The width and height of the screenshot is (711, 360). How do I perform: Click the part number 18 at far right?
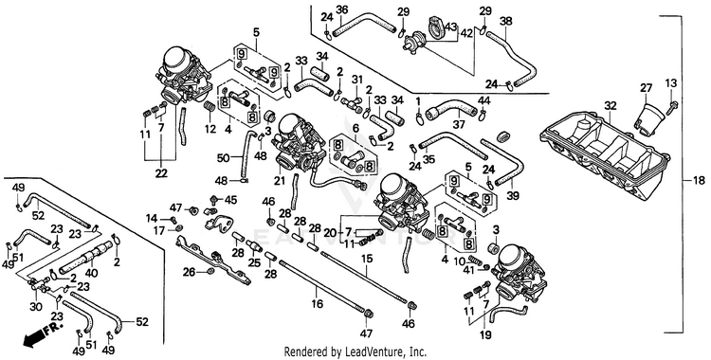tap(700, 180)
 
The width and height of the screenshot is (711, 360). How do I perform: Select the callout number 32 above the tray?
tap(611, 106)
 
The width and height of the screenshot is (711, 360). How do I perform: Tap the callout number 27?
tap(646, 87)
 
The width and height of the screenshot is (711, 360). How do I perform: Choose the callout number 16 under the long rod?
tap(318, 304)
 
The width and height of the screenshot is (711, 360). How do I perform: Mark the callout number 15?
tap(366, 259)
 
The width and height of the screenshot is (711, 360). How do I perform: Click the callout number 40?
tap(91, 274)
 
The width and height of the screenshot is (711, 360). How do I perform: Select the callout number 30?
tap(36, 307)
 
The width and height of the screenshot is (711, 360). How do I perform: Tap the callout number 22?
tap(161, 173)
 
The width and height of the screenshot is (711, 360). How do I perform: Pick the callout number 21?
tap(280, 180)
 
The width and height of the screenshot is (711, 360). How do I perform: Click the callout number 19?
tap(485, 335)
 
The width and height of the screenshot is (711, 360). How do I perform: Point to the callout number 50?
tap(223, 158)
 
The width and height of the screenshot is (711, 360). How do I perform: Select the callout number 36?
tap(342, 9)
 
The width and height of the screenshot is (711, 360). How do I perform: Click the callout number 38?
tap(506, 21)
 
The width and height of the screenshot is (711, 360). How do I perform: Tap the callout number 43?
tap(450, 27)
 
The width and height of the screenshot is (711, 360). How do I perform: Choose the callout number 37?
tap(459, 124)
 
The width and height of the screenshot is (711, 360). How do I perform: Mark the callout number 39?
tap(513, 195)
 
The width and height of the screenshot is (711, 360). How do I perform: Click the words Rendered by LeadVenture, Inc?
tap(355, 351)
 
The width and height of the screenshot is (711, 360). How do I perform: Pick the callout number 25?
tap(255, 262)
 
